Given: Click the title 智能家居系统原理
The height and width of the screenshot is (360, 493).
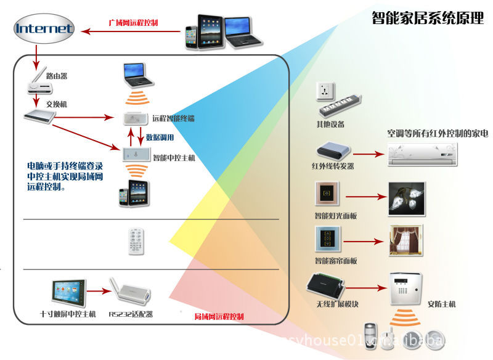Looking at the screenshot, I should (x=428, y=18).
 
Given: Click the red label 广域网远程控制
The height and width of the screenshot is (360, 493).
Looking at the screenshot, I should (x=133, y=23).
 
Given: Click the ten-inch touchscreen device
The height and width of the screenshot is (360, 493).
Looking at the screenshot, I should (x=68, y=290).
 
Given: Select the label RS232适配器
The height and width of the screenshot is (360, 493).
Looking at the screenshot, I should (x=131, y=314).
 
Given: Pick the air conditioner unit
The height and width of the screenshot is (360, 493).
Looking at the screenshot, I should (x=423, y=153).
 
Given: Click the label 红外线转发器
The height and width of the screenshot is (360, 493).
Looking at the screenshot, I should (x=333, y=166).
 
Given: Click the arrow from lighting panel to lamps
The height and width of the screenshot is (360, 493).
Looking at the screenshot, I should (x=364, y=198).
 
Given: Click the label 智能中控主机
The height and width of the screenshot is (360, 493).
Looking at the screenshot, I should (x=174, y=158).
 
